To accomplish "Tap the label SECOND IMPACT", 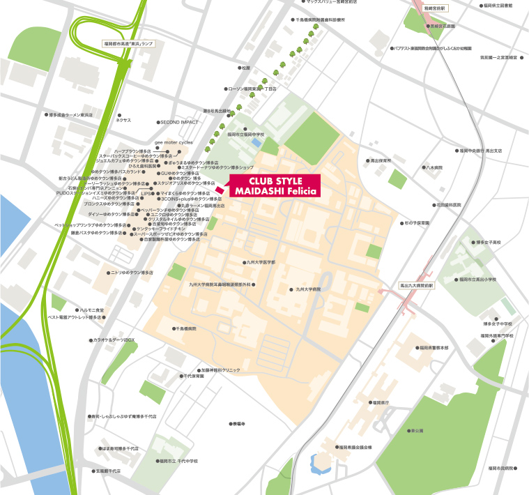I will point(179,122).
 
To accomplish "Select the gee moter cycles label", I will point(174,142).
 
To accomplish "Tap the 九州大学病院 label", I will point(307,289).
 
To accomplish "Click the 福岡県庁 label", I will point(380,402).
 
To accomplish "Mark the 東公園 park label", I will point(417,431).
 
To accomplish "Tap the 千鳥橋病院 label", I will point(185,328).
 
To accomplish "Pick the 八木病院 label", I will point(434,167).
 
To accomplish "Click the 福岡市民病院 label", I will point(500,468).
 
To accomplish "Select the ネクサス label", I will point(123,120).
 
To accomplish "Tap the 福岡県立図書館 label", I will point(496,6).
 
